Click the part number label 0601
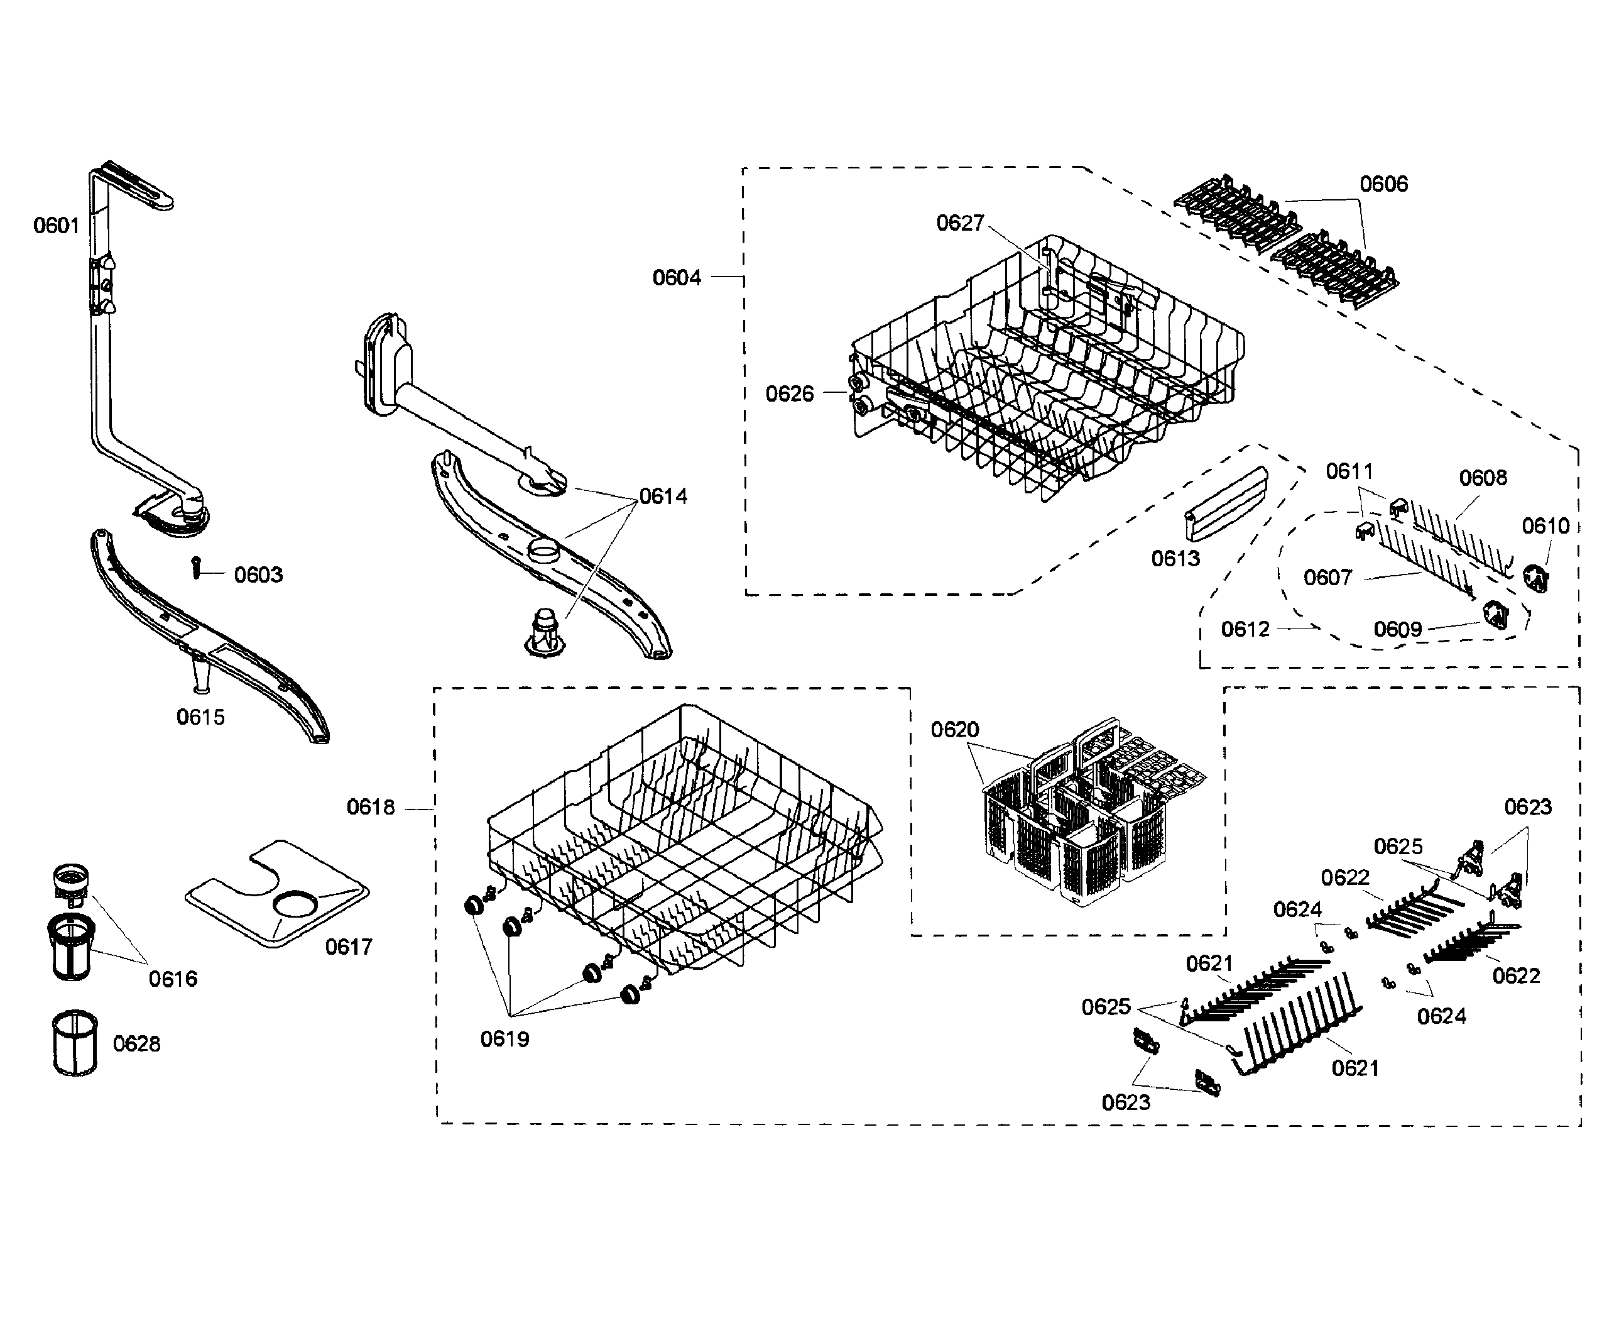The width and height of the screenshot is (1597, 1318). [x=56, y=226]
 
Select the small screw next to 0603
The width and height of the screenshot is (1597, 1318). [x=196, y=566]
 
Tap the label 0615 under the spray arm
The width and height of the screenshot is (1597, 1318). [x=200, y=717]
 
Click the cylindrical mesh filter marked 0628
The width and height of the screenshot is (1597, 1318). [x=74, y=1043]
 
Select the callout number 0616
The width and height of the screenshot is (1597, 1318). [x=172, y=979]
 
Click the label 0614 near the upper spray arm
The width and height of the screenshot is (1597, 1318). [x=663, y=497]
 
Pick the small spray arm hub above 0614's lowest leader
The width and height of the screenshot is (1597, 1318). [x=544, y=632]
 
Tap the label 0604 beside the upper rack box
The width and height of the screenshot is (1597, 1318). [x=676, y=278]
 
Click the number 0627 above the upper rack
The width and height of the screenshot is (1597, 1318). [x=959, y=222]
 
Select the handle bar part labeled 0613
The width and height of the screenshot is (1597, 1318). [x=1226, y=504]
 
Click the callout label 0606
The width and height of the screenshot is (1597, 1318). [x=1383, y=184]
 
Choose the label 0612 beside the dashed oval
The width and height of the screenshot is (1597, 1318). [x=1245, y=629]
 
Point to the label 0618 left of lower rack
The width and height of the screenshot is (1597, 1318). [x=371, y=807]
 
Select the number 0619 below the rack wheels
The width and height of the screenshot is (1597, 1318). [x=504, y=1038]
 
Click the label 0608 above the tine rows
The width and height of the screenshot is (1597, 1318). [x=1483, y=478]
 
